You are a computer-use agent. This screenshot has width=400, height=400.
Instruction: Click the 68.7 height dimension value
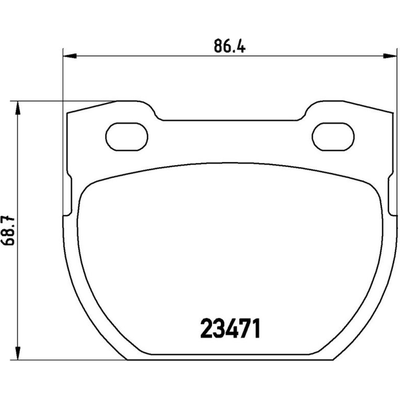click(9, 231)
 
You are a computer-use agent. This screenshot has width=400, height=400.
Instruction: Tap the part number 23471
click(230, 328)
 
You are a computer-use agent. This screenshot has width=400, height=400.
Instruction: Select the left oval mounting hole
click(126, 137)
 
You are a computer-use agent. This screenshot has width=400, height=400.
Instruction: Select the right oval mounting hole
click(333, 137)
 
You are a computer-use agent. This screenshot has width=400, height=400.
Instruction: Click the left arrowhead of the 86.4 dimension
click(70, 56)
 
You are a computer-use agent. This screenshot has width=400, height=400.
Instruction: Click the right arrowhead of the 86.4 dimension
click(390, 56)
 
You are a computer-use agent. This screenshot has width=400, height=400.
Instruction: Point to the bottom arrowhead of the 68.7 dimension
click(17, 353)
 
